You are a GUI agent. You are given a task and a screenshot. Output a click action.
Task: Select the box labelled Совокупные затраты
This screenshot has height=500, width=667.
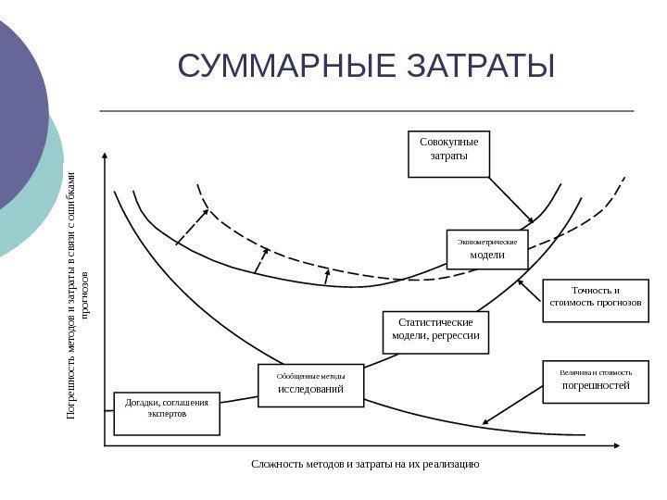(448, 154)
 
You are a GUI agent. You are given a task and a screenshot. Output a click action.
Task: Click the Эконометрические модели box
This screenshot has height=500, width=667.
(487, 248)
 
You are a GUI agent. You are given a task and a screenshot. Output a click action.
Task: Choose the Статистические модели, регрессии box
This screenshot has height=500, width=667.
(435, 331)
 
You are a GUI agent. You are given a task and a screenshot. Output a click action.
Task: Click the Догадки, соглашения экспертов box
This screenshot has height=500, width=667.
(167, 413)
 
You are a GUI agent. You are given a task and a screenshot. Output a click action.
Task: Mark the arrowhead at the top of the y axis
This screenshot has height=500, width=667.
(105, 156)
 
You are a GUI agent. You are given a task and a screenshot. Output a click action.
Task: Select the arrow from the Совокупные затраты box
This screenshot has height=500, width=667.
(510, 199)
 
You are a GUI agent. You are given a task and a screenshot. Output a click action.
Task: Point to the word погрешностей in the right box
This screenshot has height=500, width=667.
(596, 385)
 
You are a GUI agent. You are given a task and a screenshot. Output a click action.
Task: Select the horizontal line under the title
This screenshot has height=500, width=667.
(366, 110)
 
